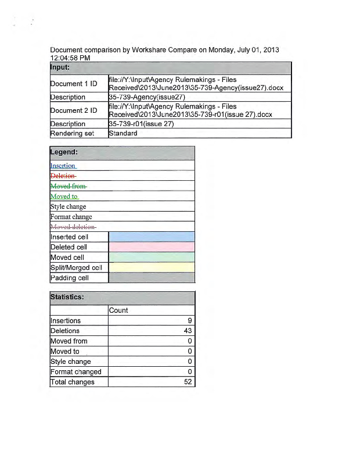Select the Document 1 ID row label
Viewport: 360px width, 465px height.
pyautogui.click(x=74, y=84)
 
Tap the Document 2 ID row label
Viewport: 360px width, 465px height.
pyautogui.click(x=74, y=110)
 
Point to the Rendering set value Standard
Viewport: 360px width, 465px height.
pyautogui.click(x=123, y=133)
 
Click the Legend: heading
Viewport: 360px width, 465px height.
pyautogui.click(x=64, y=153)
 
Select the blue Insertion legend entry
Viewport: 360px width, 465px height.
pyautogui.click(x=63, y=166)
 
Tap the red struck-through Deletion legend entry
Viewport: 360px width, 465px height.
pyautogui.click(x=63, y=176)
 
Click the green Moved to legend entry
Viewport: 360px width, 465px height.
pyautogui.click(x=64, y=196)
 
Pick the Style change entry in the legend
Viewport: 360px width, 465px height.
pyautogui.click(x=69, y=206)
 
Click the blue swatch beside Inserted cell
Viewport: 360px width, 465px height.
pyautogui.click(x=152, y=237)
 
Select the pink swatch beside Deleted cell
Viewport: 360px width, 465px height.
pyautogui.click(x=152, y=247)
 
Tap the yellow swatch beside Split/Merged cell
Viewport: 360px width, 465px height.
pyautogui.click(x=152, y=267)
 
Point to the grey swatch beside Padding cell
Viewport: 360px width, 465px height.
pyautogui.click(x=152, y=278)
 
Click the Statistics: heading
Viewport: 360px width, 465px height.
pyautogui.click(x=68, y=297)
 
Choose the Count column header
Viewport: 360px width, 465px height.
pyautogui.click(x=118, y=310)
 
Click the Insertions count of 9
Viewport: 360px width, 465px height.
pyautogui.click(x=189, y=321)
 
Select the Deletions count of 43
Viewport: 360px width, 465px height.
pyautogui.click(x=188, y=331)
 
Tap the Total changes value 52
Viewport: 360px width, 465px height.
pyautogui.click(x=188, y=382)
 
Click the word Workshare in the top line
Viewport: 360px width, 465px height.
pyautogui.click(x=151, y=50)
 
